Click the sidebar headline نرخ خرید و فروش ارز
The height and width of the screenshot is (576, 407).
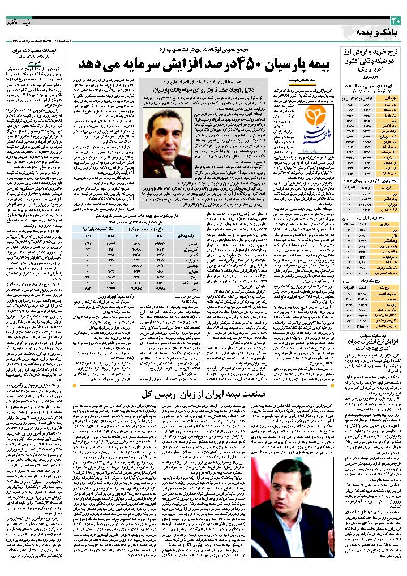[372, 51]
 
